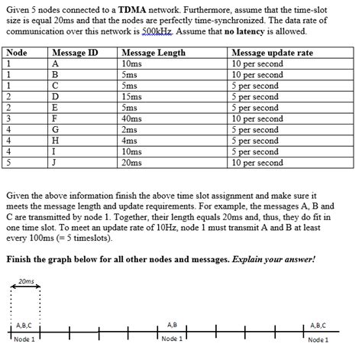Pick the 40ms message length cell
click(x=131, y=119)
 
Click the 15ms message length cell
click(x=131, y=97)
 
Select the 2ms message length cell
click(x=129, y=130)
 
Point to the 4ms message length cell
click(x=129, y=141)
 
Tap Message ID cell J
click(x=55, y=163)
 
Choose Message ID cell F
click(x=55, y=119)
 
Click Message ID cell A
click(x=56, y=63)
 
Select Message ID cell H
click(x=56, y=141)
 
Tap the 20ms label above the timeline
click(x=26, y=281)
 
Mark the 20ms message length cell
click(x=131, y=163)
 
